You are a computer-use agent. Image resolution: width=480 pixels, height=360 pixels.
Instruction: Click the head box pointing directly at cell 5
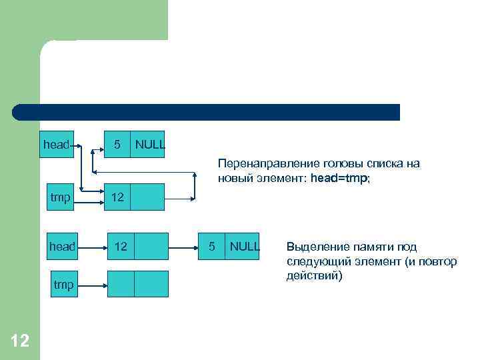coord(56,145)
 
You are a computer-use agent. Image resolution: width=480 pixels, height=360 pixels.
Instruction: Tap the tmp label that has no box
coord(63,285)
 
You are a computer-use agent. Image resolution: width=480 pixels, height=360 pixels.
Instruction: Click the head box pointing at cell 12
coord(62,246)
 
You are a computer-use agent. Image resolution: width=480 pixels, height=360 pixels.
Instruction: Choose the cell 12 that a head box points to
coord(121,246)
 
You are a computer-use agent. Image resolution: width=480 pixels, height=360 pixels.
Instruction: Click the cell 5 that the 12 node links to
coord(211,246)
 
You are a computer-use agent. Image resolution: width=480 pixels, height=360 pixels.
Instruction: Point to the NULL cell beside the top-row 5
coord(149,145)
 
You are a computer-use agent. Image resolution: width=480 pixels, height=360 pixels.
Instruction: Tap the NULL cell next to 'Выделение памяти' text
coord(243,246)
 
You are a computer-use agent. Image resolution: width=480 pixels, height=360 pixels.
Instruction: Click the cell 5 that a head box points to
coord(117,145)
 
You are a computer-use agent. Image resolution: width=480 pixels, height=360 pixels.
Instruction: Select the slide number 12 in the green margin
coord(20,341)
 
